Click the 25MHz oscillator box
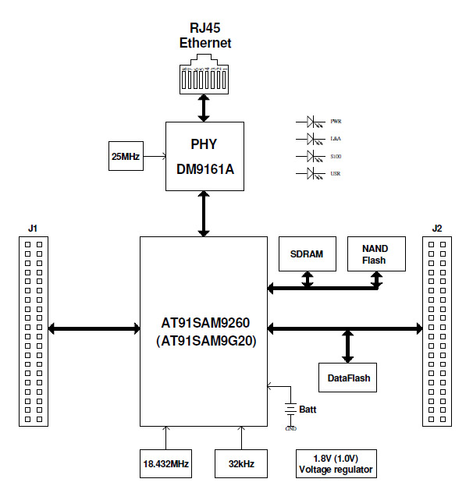point(125,157)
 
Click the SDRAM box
point(307,254)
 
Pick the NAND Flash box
point(375,254)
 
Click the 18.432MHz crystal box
point(166,464)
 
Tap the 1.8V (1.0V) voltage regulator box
point(336,464)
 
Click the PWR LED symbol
point(315,122)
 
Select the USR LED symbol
point(315,172)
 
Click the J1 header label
point(32,229)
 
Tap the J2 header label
point(436,229)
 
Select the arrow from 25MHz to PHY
point(155,157)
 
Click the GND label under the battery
point(291,428)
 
